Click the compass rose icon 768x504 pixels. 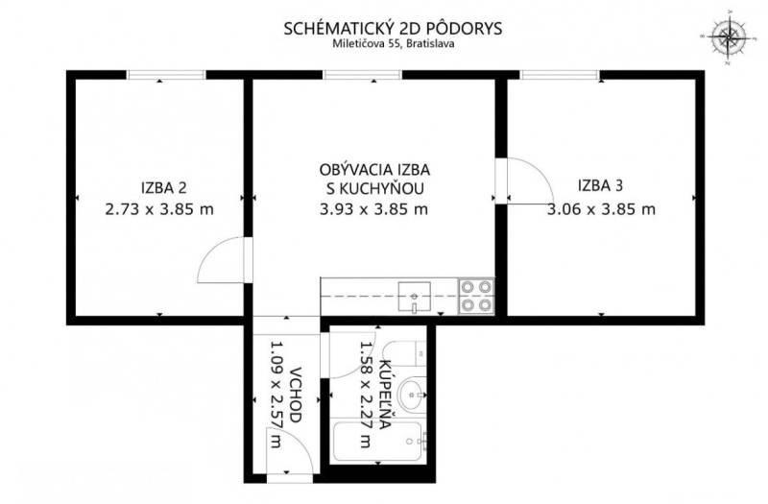730,37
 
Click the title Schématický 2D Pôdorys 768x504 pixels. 393,29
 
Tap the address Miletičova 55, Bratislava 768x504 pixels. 394,43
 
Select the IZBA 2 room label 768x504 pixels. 163,187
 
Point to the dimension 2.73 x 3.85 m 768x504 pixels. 159,209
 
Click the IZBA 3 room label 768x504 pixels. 601,185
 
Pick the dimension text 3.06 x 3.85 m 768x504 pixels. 601,209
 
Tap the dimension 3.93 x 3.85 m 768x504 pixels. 373,209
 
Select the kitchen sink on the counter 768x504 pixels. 415,297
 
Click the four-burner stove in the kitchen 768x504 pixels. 476,296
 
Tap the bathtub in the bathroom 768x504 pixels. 376,442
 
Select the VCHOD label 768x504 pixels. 295,396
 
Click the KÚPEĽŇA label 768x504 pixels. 386,395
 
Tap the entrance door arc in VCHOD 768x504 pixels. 302,441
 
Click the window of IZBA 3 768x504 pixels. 560,75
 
